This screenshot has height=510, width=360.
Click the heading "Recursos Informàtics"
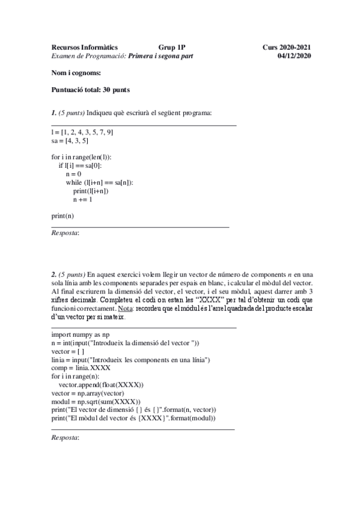[x=84, y=47]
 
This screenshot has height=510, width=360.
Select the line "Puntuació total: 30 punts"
[x=91, y=90]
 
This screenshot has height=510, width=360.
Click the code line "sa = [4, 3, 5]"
[x=70, y=141]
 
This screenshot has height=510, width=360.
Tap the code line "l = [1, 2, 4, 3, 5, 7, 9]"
[x=82, y=132]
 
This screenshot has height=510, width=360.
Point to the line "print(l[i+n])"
[x=91, y=191]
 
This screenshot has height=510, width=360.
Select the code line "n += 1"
[x=83, y=199]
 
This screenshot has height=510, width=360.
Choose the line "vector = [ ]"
[x=68, y=351]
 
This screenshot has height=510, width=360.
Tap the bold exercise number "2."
[x=54, y=274]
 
